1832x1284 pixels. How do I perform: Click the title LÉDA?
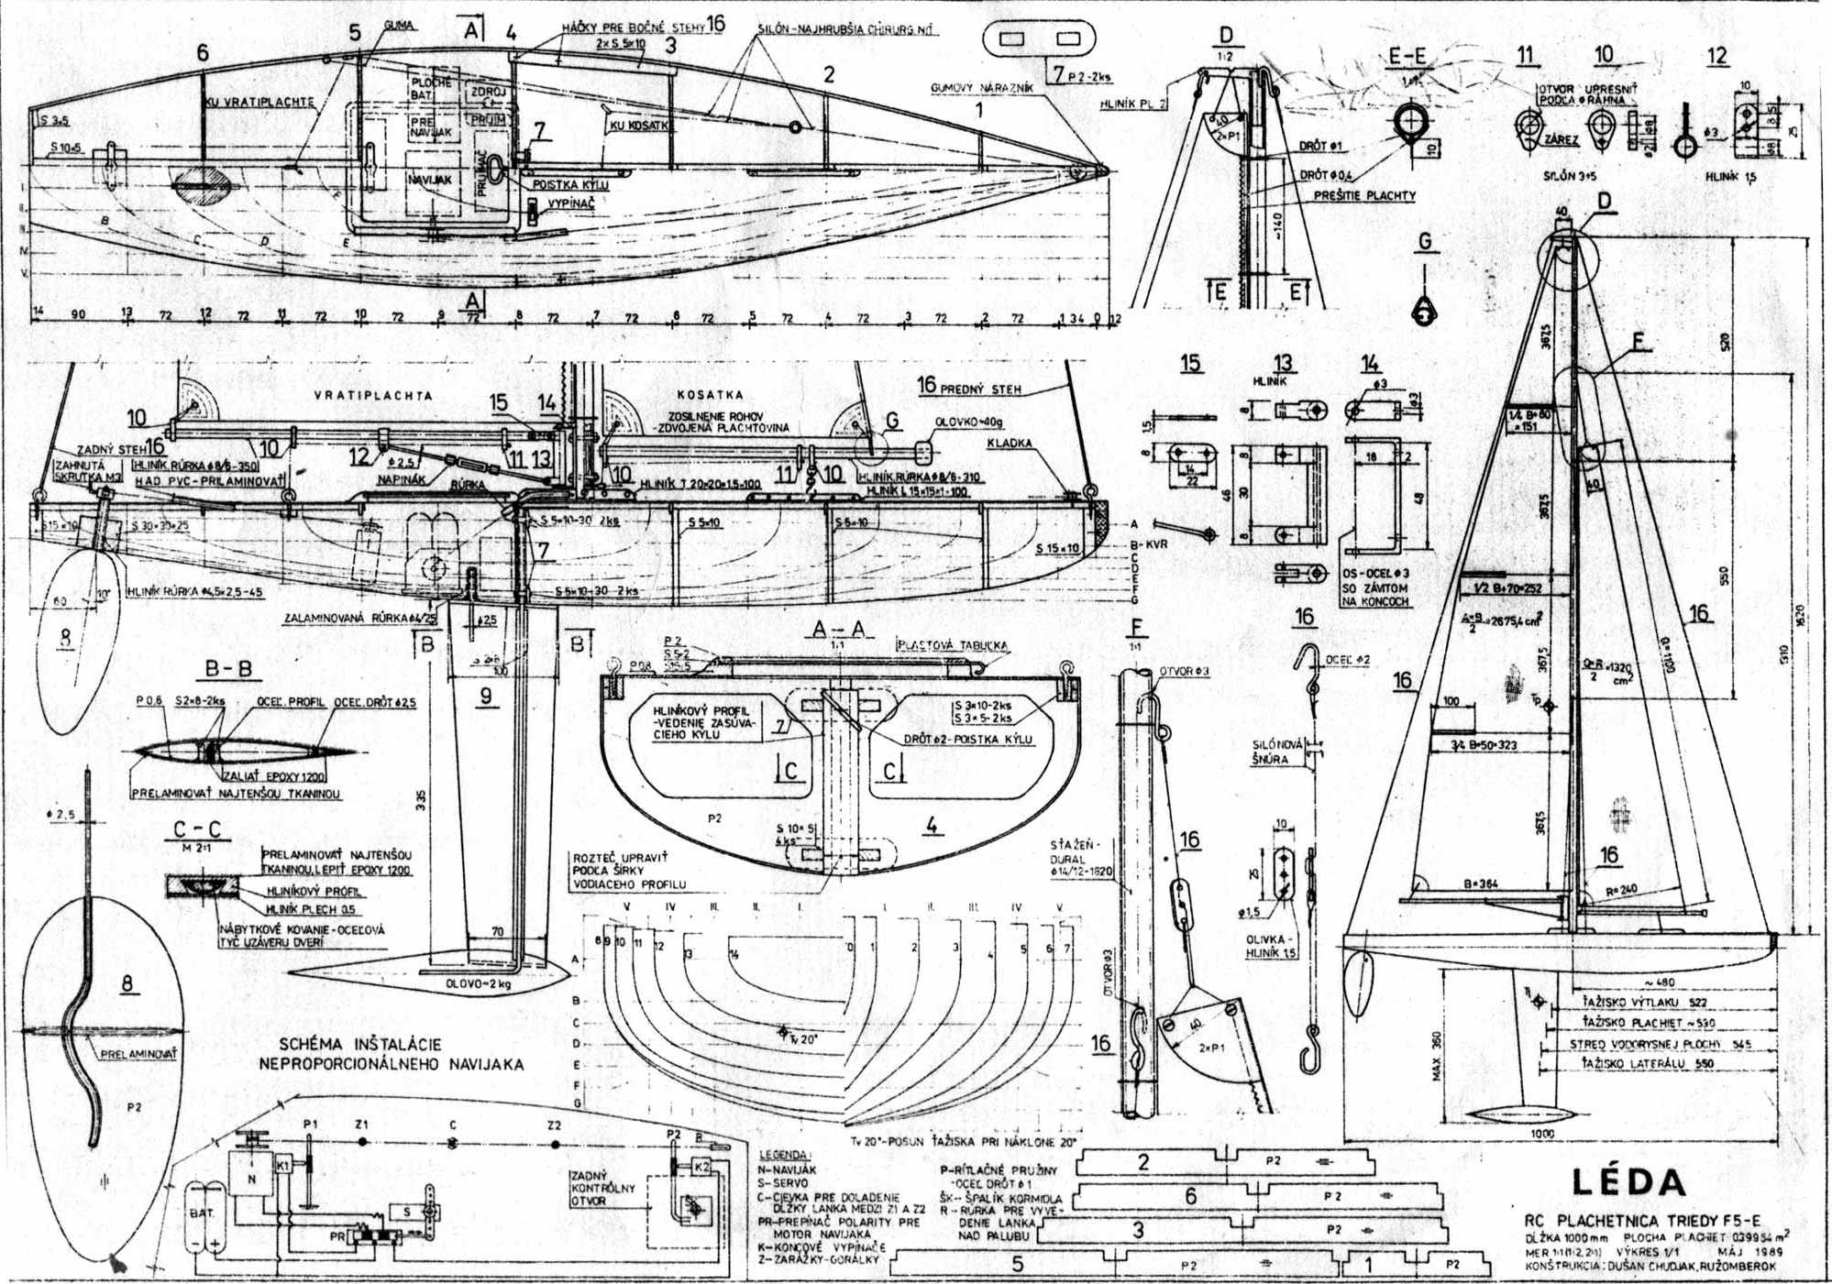click(1628, 1182)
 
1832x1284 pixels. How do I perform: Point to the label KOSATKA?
click(710, 395)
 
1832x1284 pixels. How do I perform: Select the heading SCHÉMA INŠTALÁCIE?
click(360, 1044)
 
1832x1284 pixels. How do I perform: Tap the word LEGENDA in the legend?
click(784, 1155)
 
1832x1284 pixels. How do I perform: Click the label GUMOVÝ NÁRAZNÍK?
click(981, 89)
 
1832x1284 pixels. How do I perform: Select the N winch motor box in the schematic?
click(252, 1180)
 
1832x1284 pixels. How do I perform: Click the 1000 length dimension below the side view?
click(1543, 1134)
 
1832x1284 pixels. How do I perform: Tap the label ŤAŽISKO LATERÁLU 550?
click(1648, 1064)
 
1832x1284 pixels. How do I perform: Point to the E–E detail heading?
click(1407, 57)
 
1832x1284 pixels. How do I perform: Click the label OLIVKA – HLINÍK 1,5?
click(1270, 947)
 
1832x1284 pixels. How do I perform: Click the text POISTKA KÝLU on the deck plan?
click(570, 185)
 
